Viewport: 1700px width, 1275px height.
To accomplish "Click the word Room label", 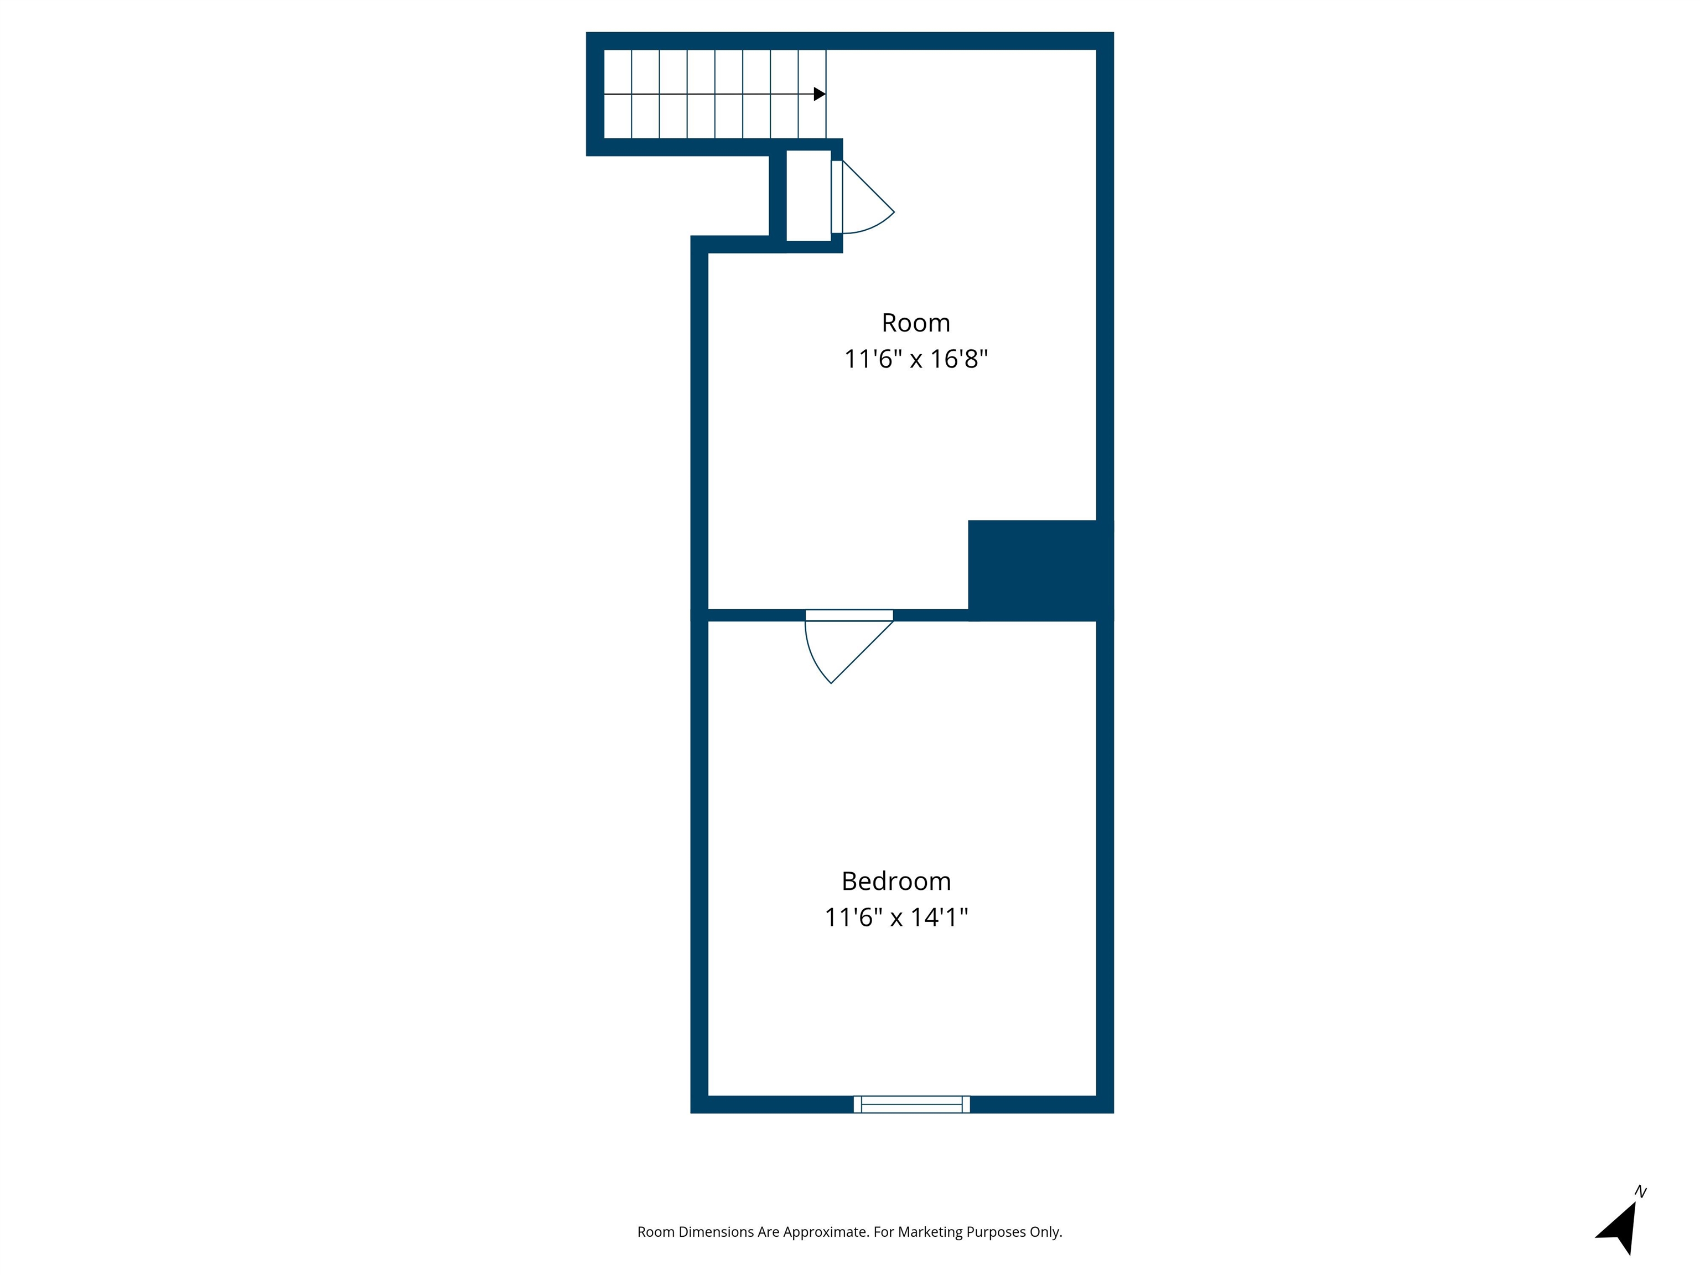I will (x=915, y=323).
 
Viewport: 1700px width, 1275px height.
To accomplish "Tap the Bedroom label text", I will (x=896, y=881).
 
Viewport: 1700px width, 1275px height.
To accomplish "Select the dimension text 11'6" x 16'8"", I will (x=915, y=359).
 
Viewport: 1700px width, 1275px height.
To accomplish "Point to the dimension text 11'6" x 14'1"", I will (x=896, y=918).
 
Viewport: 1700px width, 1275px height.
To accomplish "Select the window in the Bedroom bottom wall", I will (x=911, y=1105).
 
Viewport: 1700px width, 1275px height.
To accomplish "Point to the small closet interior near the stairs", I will (x=808, y=196).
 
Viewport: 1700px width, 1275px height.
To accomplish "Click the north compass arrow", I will (x=1620, y=1227).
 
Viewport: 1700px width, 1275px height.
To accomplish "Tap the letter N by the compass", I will (x=1640, y=1192).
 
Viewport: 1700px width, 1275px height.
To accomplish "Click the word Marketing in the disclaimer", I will (x=930, y=1232).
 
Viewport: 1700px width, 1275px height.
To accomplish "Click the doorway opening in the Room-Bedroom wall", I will (x=849, y=615).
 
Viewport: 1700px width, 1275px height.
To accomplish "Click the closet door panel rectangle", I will (x=837, y=197).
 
